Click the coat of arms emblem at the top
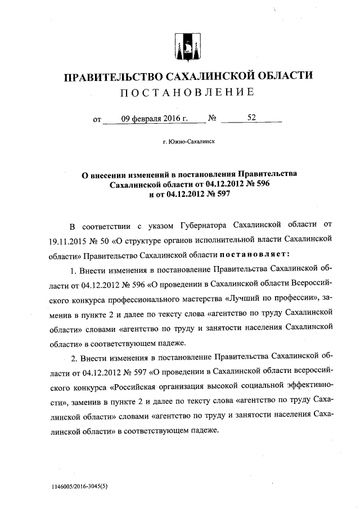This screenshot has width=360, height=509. click(x=187, y=44)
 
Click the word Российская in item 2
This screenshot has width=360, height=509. click(x=137, y=387)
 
